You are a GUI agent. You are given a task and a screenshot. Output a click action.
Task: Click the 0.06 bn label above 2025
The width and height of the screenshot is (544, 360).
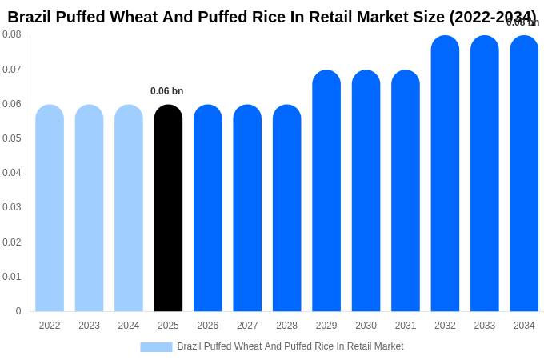[166, 91]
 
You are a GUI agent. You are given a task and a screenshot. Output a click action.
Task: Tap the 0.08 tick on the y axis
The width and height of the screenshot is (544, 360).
[12, 34]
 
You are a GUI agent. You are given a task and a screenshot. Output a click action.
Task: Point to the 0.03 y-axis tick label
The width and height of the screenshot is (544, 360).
[12, 207]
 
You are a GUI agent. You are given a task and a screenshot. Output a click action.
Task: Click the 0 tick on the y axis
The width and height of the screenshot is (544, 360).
[18, 311]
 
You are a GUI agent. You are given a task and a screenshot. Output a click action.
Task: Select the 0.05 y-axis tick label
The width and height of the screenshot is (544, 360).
[12, 138]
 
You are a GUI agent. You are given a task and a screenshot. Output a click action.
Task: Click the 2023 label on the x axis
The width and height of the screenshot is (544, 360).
[89, 326]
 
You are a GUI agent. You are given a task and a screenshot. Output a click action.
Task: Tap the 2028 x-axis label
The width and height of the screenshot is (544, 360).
[286, 326]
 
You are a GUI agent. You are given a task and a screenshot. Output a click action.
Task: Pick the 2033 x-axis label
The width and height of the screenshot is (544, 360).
[485, 326]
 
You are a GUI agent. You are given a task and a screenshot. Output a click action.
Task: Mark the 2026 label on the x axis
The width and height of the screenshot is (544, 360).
[208, 326]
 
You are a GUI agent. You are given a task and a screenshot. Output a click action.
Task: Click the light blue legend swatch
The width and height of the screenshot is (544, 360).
[156, 347]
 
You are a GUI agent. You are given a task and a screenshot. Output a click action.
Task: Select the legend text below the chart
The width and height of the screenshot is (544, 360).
[290, 346]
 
